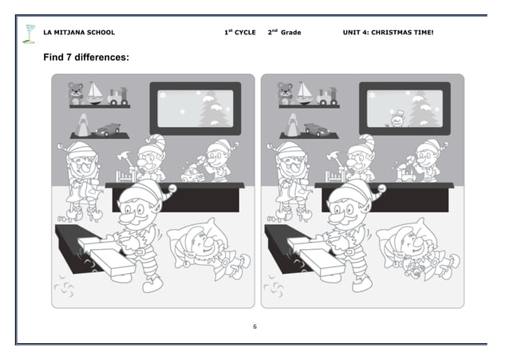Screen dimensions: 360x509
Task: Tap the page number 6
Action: pos(254,326)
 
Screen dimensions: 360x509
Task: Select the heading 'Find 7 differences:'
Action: pos(86,58)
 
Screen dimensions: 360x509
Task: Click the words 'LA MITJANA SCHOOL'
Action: pos(78,33)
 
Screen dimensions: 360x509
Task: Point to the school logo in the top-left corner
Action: pos(30,33)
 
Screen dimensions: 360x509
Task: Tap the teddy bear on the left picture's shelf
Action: pos(76,93)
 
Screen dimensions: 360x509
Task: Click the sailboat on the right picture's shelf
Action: pos(305,92)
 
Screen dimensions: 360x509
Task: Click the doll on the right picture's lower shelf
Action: pos(292,125)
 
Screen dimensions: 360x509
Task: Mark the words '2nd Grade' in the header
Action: pos(285,33)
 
